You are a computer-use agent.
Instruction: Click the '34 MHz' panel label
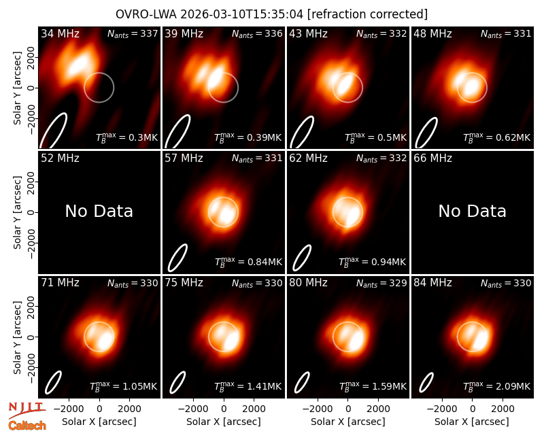tap(60, 33)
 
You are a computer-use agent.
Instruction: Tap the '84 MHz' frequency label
tap(432, 283)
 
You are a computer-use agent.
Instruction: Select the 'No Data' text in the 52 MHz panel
tap(99, 211)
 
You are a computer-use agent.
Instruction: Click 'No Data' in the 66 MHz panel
tap(472, 211)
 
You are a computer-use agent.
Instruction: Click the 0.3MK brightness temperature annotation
tap(143, 137)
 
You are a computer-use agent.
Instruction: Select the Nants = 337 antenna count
tap(133, 33)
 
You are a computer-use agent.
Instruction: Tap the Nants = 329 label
tap(381, 283)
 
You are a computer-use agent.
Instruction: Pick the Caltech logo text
tap(27, 425)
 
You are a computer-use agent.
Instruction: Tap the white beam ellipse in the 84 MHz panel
tap(426, 382)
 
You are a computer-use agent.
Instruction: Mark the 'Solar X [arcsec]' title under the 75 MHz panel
tap(224, 422)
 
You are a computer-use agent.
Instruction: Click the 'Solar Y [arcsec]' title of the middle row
tap(17, 212)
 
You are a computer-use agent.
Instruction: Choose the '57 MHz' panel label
tap(184, 158)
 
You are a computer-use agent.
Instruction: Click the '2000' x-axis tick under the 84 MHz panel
tap(503, 409)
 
